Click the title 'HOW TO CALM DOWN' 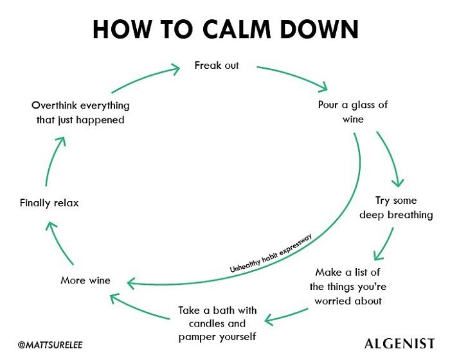(225, 29)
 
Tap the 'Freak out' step (217, 66)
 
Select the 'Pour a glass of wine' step (353, 111)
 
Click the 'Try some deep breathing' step (396, 208)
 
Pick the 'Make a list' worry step (348, 286)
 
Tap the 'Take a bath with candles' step (217, 323)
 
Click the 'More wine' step (85, 280)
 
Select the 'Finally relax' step (49, 203)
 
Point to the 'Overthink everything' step (80, 113)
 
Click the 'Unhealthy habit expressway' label (271, 255)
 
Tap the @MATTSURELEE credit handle (50, 345)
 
